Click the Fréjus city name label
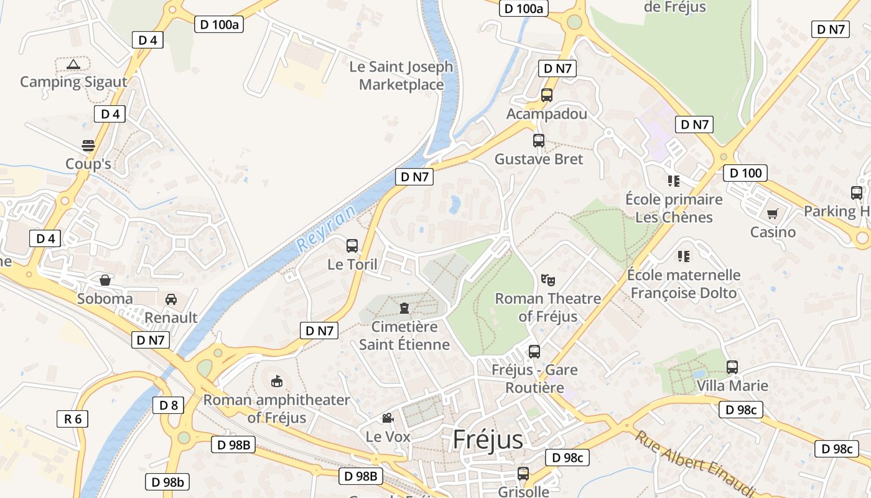(488, 439)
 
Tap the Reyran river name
(327, 228)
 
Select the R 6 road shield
(73, 419)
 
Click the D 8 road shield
(168, 406)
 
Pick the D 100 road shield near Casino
(745, 173)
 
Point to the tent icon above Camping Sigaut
(73, 63)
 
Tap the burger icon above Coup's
(88, 146)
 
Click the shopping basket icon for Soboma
(105, 280)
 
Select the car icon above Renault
(171, 299)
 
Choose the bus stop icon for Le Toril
(352, 245)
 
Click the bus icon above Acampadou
(547, 95)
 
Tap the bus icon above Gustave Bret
(539, 141)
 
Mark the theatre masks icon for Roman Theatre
(547, 280)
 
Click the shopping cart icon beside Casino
(773, 214)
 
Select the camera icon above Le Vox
(388, 418)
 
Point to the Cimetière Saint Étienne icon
(404, 308)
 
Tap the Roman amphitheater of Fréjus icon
(277, 380)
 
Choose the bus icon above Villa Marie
(732, 367)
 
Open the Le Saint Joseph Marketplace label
(401, 75)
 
